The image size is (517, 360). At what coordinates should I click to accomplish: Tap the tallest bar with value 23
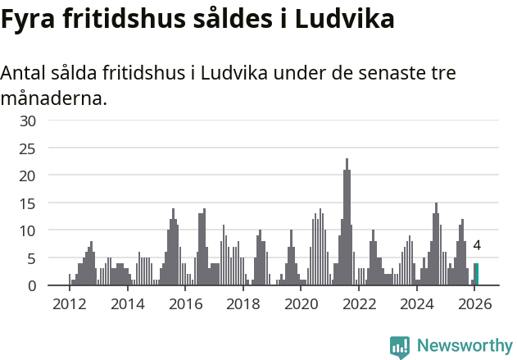tap(347, 221)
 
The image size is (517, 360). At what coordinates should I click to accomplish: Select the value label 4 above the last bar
tap(477, 245)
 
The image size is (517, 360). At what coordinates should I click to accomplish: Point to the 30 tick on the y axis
tap(28, 121)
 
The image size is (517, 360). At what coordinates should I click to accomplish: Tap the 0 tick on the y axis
tap(32, 285)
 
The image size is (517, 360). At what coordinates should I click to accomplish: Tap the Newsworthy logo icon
tap(400, 346)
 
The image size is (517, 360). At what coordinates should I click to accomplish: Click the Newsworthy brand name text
tap(465, 346)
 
